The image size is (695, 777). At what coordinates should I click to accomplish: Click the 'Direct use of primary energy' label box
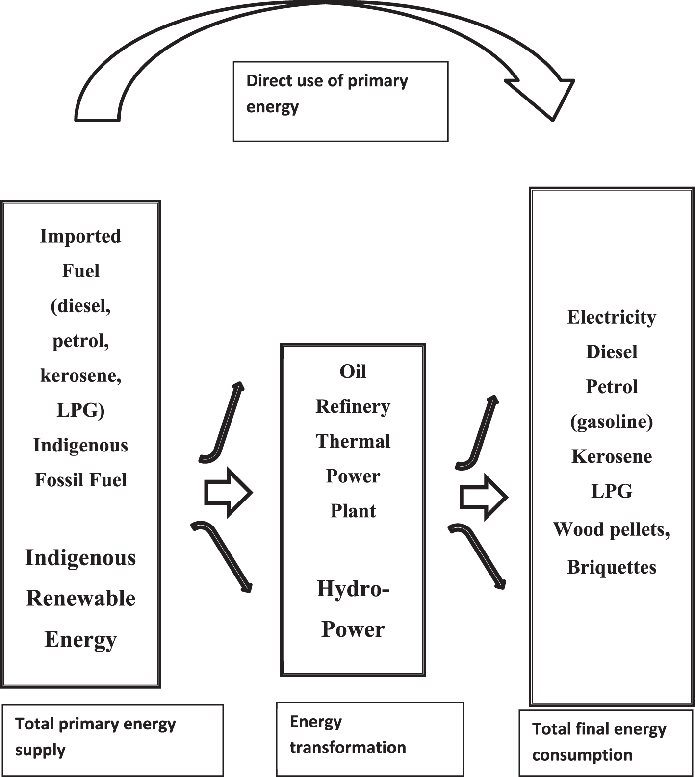[340, 101]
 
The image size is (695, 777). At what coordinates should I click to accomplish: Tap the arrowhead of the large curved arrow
[544, 96]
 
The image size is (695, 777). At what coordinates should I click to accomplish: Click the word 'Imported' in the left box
[80, 236]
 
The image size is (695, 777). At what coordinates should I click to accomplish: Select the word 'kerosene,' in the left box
[80, 376]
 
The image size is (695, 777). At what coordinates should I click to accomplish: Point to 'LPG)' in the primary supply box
[80, 410]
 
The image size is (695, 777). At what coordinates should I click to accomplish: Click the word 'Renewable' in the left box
[80, 598]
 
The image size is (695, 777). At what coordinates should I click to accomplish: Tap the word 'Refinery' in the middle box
[353, 406]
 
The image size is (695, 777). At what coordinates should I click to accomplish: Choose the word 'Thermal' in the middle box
[353, 441]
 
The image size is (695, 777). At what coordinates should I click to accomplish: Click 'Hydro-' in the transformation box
[353, 588]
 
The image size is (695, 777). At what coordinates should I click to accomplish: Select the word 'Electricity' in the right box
[611, 317]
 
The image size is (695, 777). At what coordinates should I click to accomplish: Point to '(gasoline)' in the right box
[611, 422]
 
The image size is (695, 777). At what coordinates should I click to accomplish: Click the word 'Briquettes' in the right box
[611, 567]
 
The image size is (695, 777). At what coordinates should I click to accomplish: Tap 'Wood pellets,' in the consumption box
[611, 529]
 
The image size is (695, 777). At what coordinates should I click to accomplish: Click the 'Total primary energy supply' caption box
[112, 740]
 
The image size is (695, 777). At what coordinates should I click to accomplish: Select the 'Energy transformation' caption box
[369, 738]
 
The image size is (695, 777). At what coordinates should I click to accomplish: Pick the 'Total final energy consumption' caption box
[605, 742]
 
